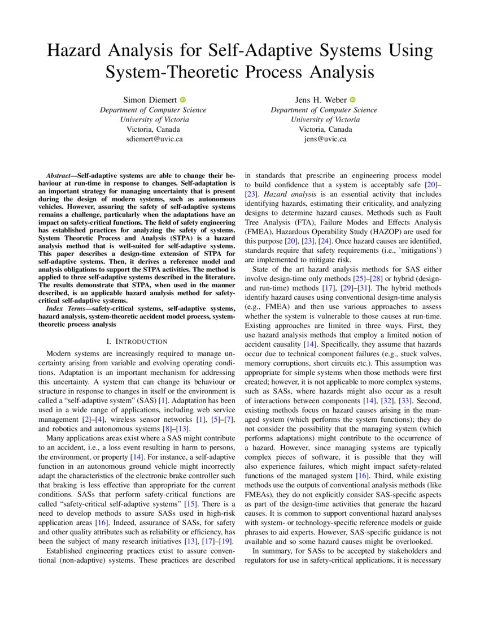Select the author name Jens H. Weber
pos(320,100)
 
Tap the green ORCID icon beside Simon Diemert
pos(183,100)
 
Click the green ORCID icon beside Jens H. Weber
pos(353,100)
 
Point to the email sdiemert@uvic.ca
pos(154,139)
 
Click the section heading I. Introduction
pos(137,341)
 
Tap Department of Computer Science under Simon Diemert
pos(154,110)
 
